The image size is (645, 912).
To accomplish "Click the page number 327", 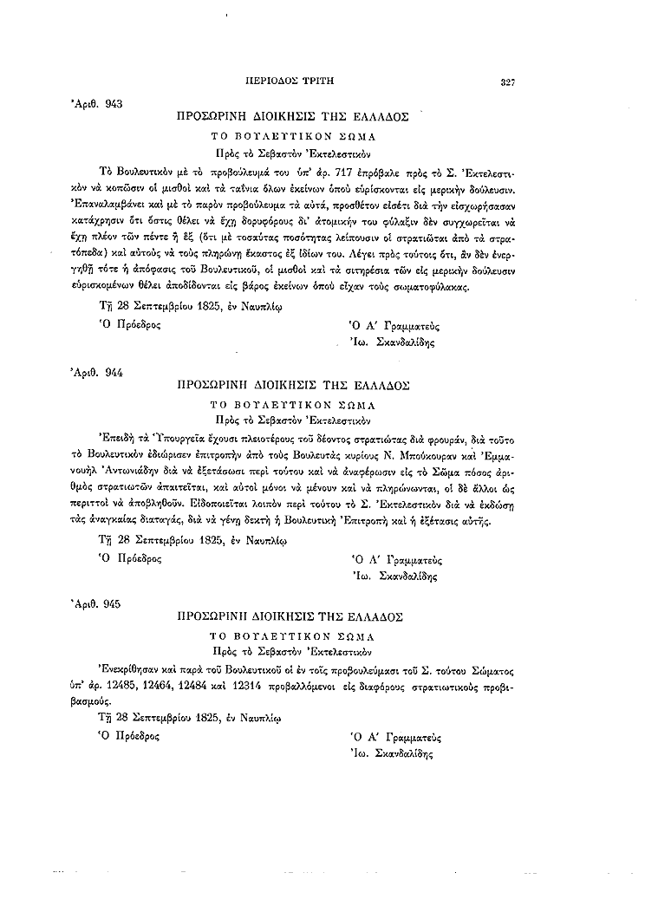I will [508, 82].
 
